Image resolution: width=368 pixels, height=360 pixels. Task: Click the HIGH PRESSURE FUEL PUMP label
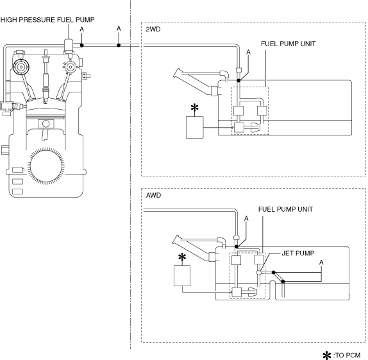click(x=47, y=20)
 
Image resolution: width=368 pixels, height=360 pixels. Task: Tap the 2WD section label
click(x=153, y=29)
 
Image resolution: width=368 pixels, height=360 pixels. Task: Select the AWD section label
click(x=153, y=195)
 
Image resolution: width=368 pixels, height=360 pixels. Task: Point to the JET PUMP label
click(x=298, y=253)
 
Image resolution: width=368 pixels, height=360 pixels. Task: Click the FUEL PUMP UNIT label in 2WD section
click(x=289, y=44)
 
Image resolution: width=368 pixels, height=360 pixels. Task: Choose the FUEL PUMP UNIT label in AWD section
click(x=286, y=209)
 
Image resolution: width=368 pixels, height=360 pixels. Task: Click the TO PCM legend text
click(x=347, y=355)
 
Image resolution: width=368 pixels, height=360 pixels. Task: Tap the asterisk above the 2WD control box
click(x=194, y=108)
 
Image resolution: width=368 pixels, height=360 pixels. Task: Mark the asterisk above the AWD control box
click(x=182, y=257)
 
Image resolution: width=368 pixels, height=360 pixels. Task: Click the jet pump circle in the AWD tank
click(x=258, y=273)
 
